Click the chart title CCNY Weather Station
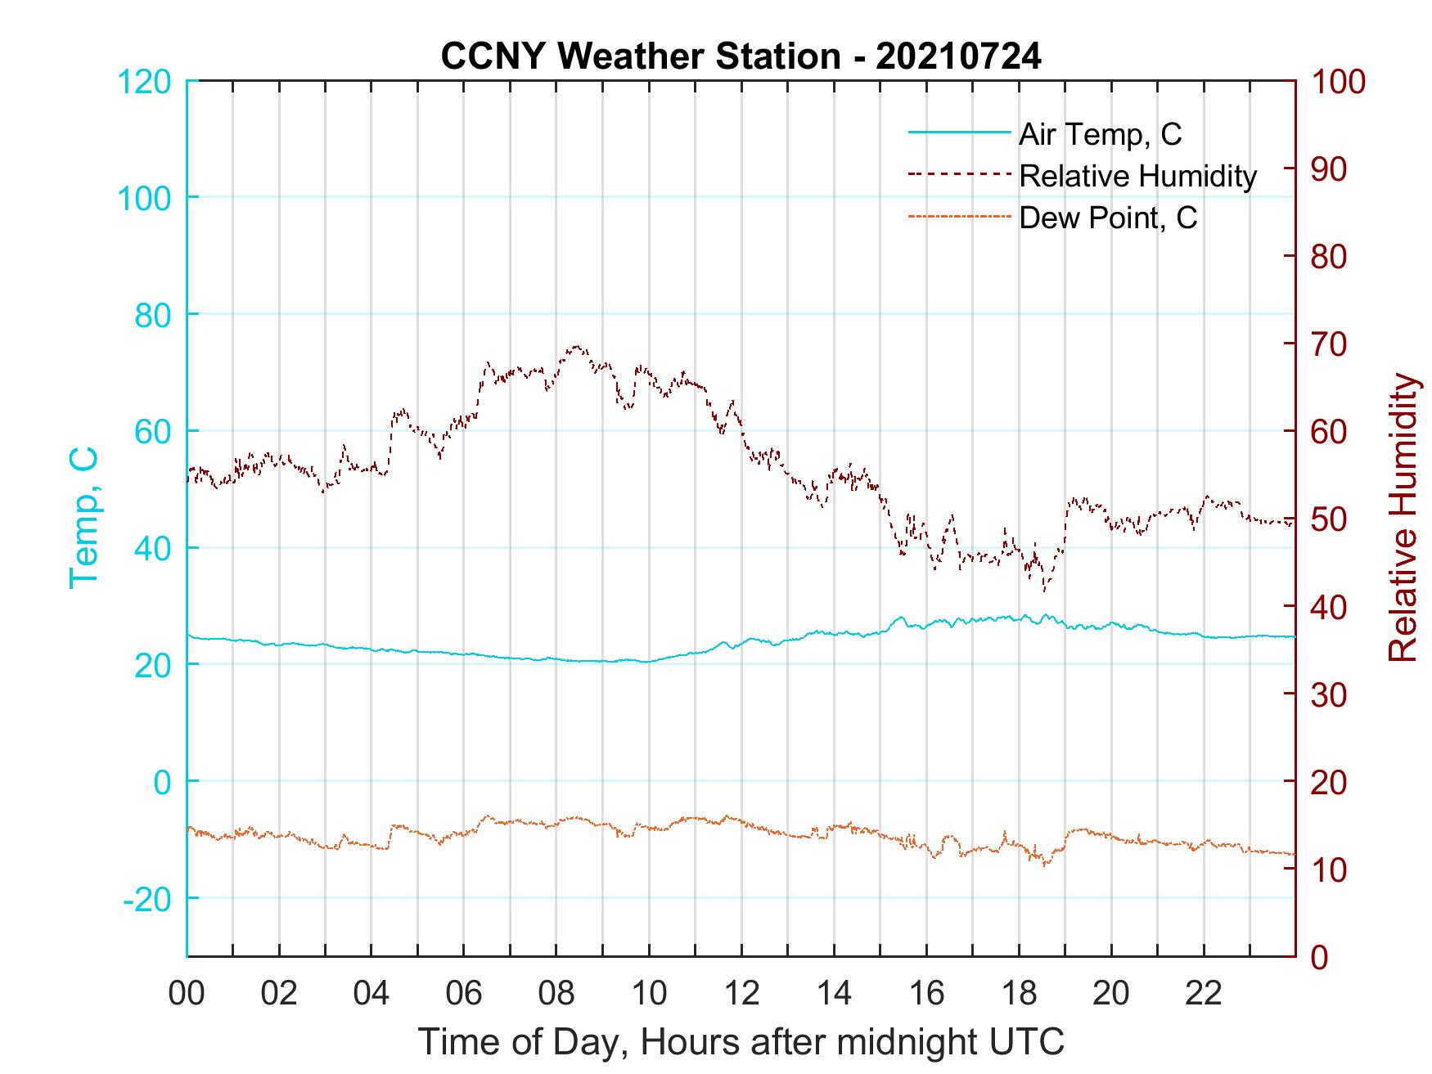click(x=640, y=56)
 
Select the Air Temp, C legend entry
click(x=1100, y=134)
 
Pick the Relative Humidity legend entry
click(x=1137, y=176)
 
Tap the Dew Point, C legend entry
click(x=1108, y=218)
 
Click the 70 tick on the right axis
click(x=1330, y=344)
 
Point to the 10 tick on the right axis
click(x=1330, y=870)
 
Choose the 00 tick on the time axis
click(x=187, y=994)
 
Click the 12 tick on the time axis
click(x=741, y=994)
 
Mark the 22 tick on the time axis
click(x=1204, y=994)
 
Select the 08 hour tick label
click(x=556, y=994)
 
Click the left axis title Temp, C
click(x=83, y=518)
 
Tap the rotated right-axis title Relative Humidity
click(x=1403, y=518)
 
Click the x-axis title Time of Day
click(x=741, y=1042)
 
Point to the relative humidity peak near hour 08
click(x=576, y=347)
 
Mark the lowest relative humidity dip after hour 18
click(x=1044, y=589)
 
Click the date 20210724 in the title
click(x=958, y=56)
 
